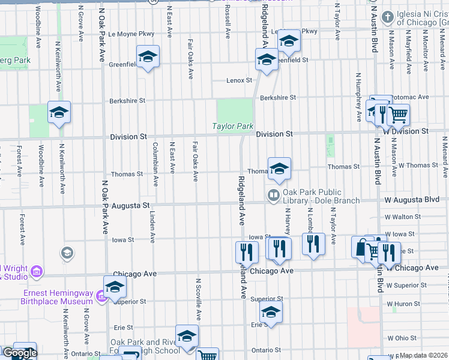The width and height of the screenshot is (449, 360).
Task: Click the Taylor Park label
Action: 233,126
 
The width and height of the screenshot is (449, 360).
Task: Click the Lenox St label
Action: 240,80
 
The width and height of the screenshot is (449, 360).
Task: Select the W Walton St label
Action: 403,217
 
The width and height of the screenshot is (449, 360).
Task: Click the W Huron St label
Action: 406,304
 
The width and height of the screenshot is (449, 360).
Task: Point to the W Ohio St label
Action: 404,338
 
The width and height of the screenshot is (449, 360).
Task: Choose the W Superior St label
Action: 406,285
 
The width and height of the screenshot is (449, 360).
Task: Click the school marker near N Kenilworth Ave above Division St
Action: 59,112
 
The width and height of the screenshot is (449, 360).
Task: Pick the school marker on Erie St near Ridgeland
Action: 271,312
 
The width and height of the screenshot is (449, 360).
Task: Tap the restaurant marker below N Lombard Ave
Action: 312,244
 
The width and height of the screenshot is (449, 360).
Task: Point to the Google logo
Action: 20,353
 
